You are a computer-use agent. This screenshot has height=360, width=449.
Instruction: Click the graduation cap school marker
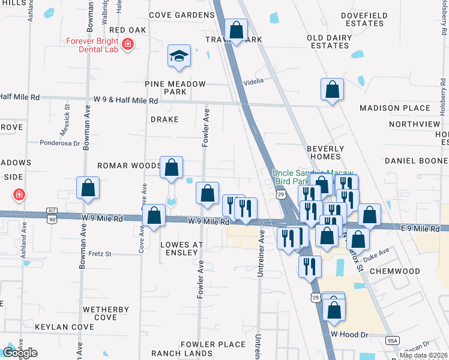tap(179, 56)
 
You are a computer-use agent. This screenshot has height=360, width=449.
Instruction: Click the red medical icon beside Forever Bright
tap(127, 44)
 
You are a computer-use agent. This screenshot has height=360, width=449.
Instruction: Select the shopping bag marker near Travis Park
tap(237, 30)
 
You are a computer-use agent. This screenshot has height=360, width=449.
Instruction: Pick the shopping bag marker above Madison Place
tap(332, 90)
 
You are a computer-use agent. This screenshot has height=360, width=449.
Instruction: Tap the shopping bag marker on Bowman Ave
tap(88, 188)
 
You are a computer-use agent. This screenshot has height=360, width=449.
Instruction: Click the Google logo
tap(19, 353)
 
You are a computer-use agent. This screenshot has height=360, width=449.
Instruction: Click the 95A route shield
tap(392, 341)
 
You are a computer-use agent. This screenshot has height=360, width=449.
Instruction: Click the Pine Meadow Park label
tap(175, 88)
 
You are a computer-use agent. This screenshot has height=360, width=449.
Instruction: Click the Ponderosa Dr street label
tap(59, 143)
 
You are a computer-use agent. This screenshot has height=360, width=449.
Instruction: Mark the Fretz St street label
tap(100, 254)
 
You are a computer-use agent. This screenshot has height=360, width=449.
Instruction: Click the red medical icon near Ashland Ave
tap(19, 195)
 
